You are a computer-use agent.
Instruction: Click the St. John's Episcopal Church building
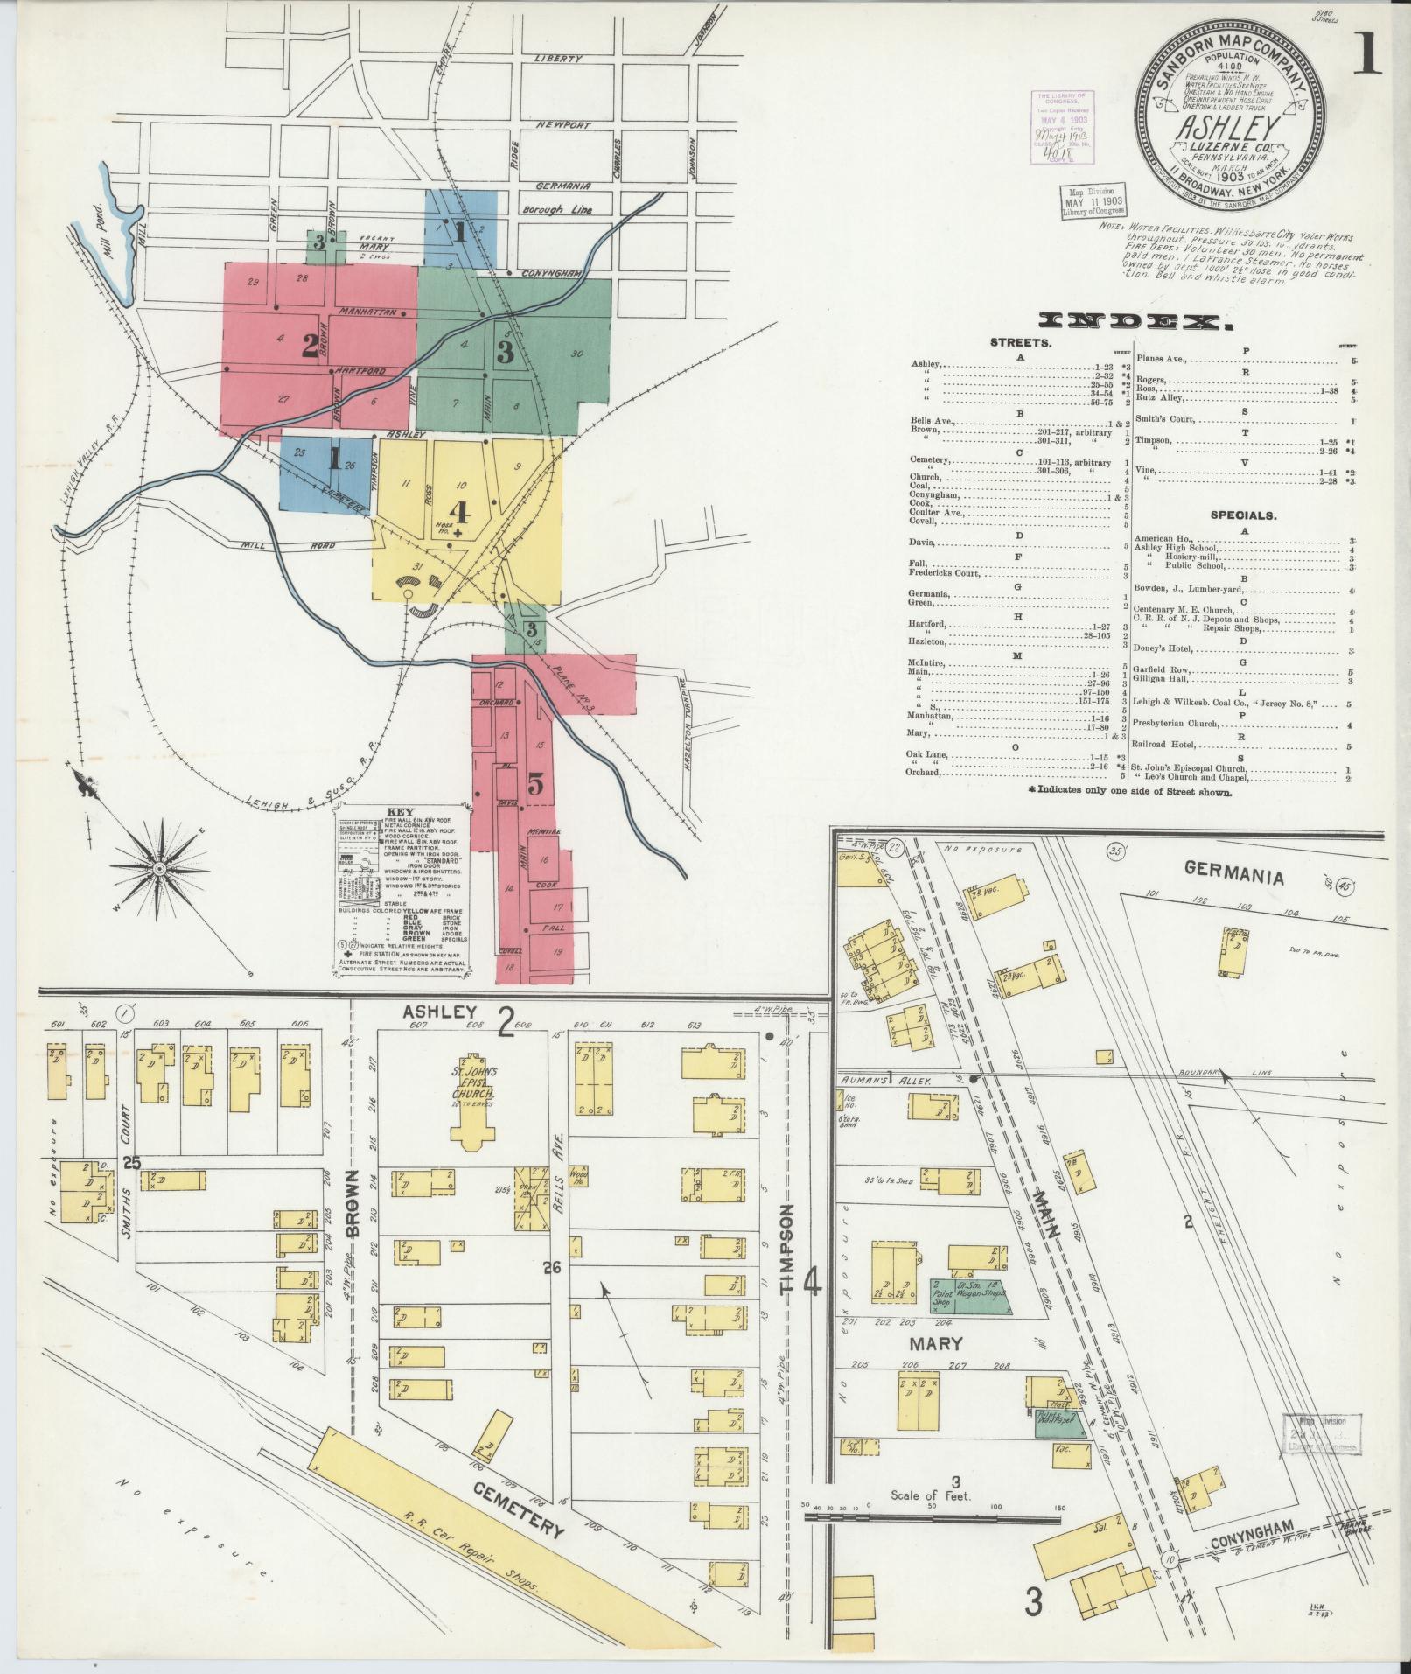472,1094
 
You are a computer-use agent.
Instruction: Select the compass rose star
159,867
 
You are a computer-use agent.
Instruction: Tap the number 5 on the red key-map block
534,786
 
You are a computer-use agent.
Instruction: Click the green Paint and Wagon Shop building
969,1316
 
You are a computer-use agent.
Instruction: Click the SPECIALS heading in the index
1242,515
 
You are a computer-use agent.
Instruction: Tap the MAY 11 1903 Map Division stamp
1094,201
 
